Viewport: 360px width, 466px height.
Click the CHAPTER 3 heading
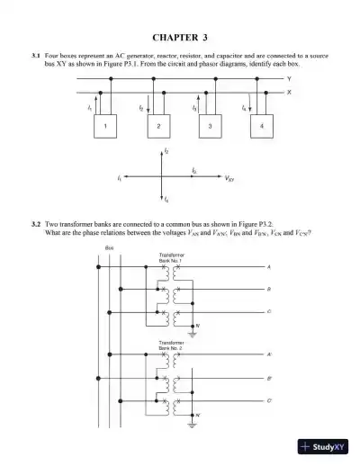[180, 38]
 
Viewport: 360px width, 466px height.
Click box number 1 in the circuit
[104, 126]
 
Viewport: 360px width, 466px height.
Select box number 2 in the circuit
[157, 126]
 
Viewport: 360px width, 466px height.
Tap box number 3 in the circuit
[210, 126]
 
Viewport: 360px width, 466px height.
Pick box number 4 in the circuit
[262, 126]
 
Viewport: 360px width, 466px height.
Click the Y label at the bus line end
[290, 79]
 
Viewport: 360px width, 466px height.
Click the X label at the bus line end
[290, 91]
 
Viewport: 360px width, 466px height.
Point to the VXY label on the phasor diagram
[231, 178]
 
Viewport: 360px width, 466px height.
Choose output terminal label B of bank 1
[268, 290]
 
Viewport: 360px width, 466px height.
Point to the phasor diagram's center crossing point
[163, 176]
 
